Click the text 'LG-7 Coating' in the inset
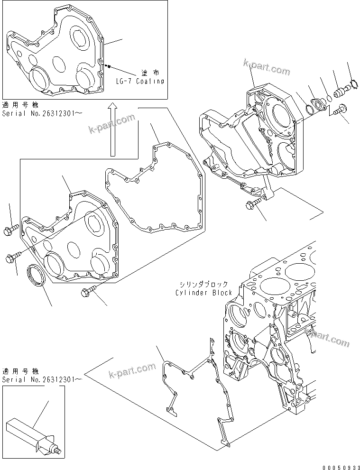140,81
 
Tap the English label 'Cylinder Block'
203,293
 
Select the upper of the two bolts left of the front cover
11,230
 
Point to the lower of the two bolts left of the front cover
12,257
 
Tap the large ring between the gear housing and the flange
309,110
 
